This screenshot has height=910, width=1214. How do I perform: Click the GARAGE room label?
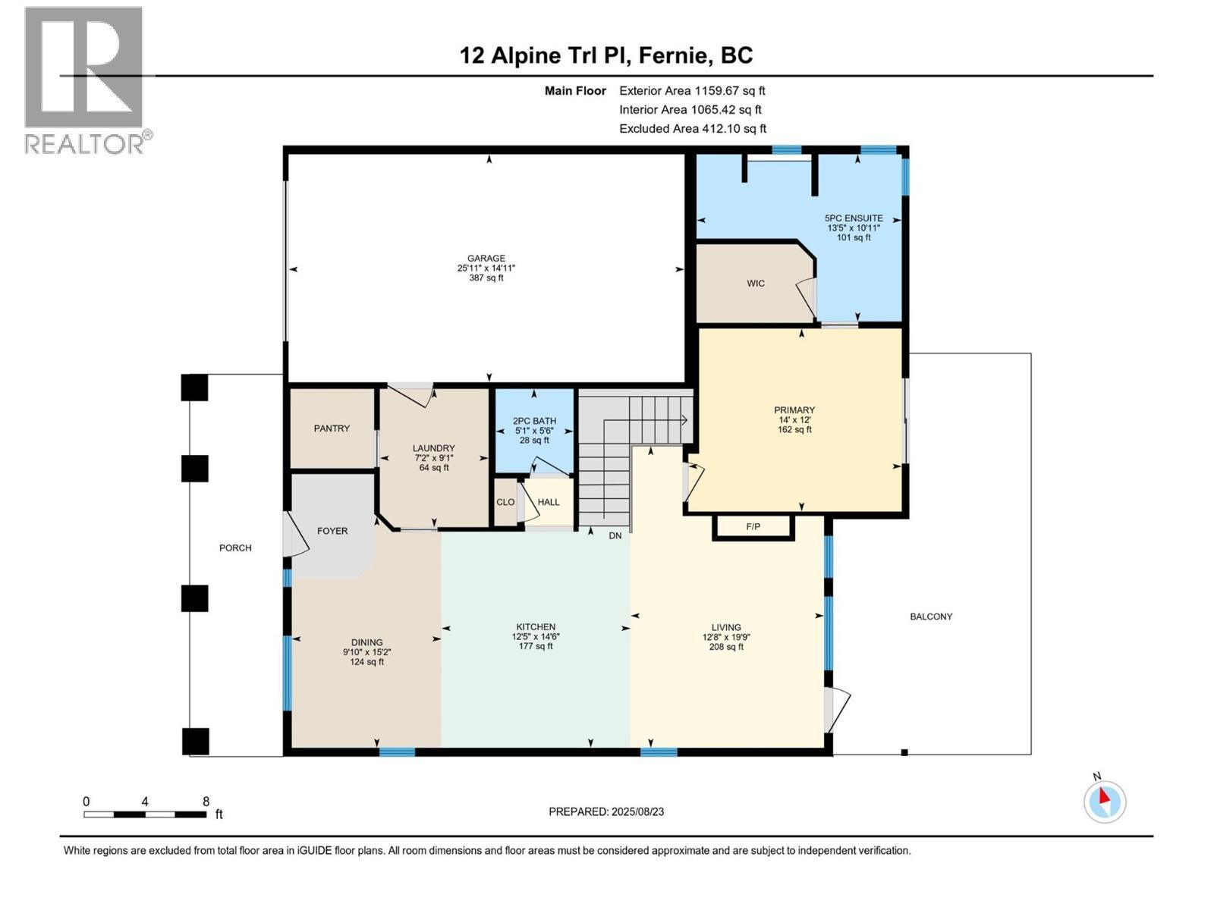(486, 258)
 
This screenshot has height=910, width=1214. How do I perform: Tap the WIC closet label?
(755, 283)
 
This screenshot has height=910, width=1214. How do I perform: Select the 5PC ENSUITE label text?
(854, 218)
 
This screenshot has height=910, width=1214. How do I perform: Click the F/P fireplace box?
(753, 526)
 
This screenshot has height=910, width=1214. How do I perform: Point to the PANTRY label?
(332, 428)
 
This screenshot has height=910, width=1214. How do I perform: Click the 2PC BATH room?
(534, 430)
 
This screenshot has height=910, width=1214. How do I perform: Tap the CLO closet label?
(505, 502)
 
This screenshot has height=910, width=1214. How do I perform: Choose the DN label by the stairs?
(615, 535)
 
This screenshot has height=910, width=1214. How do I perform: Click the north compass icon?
(1105, 801)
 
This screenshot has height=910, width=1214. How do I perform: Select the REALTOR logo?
(85, 80)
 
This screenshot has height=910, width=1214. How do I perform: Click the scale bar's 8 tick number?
(206, 801)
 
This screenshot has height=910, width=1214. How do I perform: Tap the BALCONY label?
(930, 617)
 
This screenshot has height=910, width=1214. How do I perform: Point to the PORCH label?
(235, 548)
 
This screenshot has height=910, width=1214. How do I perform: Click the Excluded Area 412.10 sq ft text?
(692, 129)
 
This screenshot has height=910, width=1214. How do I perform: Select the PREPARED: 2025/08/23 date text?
(606, 811)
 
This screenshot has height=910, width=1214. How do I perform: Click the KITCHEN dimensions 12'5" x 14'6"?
(536, 637)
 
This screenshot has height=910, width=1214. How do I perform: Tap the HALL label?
(548, 502)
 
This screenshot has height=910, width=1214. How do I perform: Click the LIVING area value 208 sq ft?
(726, 647)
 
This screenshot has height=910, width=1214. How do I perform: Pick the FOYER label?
(332, 531)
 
